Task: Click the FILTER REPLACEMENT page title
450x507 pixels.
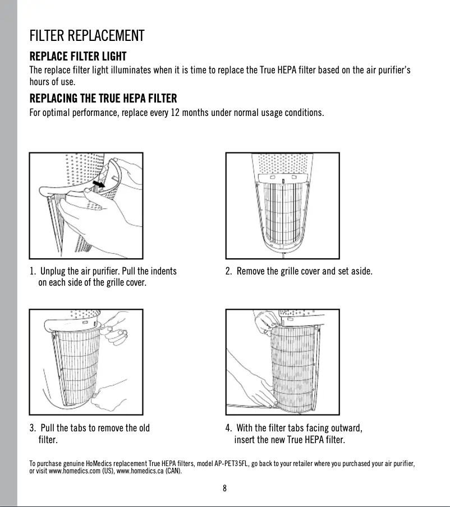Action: coord(87,37)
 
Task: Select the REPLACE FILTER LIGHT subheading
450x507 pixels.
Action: coord(77,57)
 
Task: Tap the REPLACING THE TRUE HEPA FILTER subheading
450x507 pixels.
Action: coord(103,99)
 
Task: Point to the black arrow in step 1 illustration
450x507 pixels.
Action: coord(99,184)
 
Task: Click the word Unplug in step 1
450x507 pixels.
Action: coord(54,272)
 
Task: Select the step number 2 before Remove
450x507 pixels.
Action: coord(228,272)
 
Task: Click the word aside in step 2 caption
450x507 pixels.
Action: coord(360,272)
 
